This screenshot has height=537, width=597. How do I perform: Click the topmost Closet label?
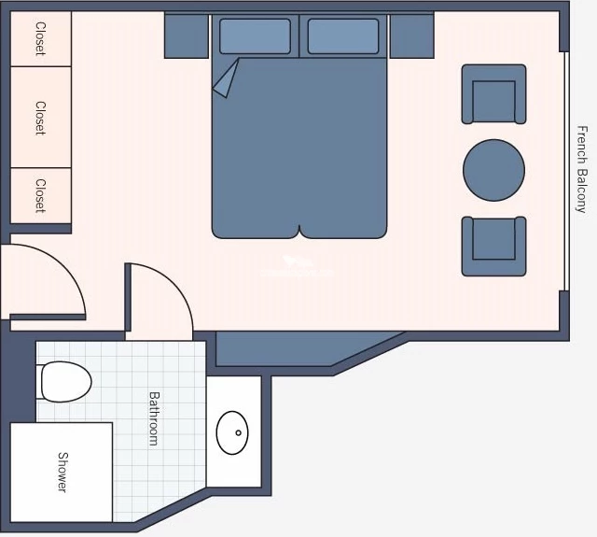[x=40, y=38]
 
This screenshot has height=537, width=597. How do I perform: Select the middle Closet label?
[x=40, y=118]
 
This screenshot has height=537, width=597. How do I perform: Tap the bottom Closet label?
[x=40, y=195]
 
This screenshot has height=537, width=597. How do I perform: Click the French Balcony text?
[x=581, y=169]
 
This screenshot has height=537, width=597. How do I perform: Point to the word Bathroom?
[x=154, y=418]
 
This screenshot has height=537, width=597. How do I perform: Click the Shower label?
[x=62, y=473]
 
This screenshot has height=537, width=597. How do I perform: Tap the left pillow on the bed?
[x=255, y=36]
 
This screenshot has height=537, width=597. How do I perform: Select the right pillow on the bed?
[x=343, y=36]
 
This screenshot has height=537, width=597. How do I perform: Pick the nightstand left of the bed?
[x=187, y=35]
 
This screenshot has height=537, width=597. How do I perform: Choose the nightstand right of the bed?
[x=412, y=35]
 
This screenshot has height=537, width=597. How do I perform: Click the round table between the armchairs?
[x=493, y=170]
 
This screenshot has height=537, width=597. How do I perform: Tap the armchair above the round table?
[x=493, y=94]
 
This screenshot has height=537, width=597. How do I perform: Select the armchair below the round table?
[x=493, y=247]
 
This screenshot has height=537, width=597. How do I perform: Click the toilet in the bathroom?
[x=64, y=381]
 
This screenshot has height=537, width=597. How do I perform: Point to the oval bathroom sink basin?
[x=232, y=432]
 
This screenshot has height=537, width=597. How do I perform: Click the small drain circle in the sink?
[x=239, y=432]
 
